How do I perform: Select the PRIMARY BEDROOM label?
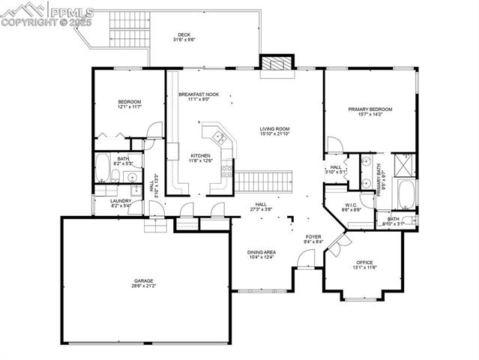point(370,109)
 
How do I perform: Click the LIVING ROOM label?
point(274,129)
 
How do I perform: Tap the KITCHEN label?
point(190,156)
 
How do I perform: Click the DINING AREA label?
point(262,252)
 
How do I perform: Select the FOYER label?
point(313,237)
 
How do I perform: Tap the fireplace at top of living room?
point(275,65)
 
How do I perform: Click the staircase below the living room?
point(264,181)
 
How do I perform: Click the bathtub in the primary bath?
point(408,193)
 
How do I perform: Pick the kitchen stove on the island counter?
point(220,136)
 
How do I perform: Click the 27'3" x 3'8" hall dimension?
point(262,209)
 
